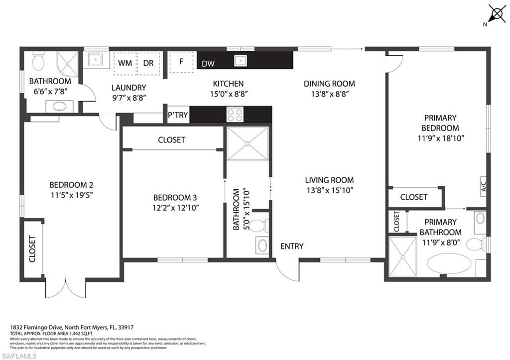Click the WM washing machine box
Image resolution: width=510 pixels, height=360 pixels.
125,63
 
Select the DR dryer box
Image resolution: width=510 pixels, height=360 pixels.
148,63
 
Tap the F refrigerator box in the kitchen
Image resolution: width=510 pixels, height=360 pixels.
181,62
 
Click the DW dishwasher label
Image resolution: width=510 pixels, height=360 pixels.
208,64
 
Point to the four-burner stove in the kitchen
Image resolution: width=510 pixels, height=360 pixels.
235,115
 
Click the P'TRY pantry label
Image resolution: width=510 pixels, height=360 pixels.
178,115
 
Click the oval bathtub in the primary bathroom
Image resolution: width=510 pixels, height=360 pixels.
448,263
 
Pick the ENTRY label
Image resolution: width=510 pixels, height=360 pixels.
292,246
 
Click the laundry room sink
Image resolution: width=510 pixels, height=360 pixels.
96,60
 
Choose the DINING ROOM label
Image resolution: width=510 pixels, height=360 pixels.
329,84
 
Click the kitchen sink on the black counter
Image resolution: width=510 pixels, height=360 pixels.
242,61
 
